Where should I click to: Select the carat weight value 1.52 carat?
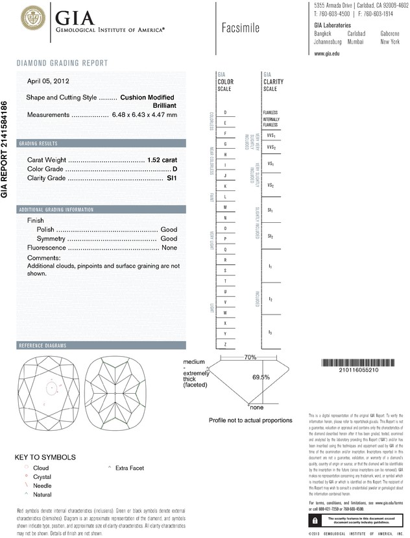coord(162,159)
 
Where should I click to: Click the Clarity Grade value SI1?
coord(172,177)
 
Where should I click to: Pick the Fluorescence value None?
coord(169,248)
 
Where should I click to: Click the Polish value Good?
coord(169,229)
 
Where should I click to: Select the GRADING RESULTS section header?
coord(38,143)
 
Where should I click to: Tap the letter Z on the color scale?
coord(225,344)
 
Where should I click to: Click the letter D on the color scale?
coord(225,112)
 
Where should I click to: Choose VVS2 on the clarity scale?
coord(271,147)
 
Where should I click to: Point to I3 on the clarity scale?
coord(270,333)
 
